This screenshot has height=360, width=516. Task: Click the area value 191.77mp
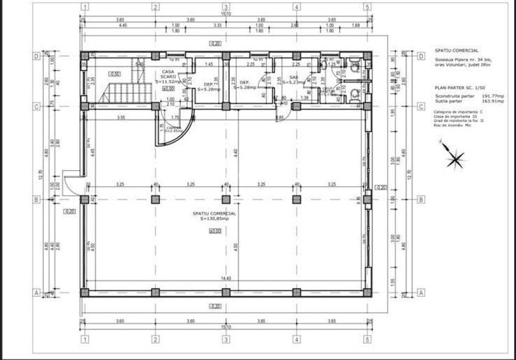click(486, 95)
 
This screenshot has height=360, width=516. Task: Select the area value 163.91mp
click(486, 100)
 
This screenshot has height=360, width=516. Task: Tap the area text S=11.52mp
click(169, 81)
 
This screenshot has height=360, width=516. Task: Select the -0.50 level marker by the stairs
click(115, 74)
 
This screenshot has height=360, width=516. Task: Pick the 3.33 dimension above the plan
click(217, 26)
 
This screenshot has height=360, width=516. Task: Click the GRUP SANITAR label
click(328, 90)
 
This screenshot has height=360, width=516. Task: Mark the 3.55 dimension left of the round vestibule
click(120, 118)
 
